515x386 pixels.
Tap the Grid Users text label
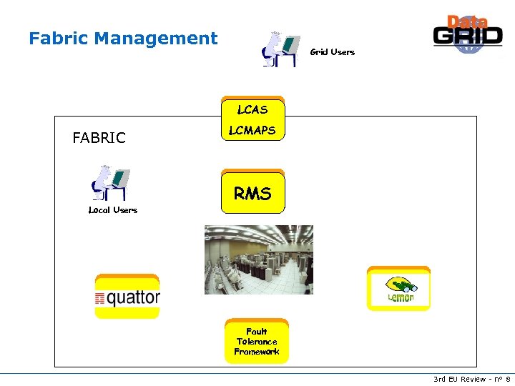332,52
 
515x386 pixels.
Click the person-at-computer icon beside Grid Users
280,49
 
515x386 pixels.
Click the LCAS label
252,110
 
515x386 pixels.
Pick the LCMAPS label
252,131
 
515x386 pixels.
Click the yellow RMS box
252,193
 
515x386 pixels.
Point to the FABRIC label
99,138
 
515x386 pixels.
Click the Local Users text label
112,210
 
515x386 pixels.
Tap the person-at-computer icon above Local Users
112,183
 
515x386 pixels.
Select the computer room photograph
258,259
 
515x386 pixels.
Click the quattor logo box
127,297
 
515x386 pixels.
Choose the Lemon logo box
398,289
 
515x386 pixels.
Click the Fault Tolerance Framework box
256,342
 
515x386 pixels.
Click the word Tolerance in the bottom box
256,342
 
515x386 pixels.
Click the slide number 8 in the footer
507,379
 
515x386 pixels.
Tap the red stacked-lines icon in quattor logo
100,298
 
